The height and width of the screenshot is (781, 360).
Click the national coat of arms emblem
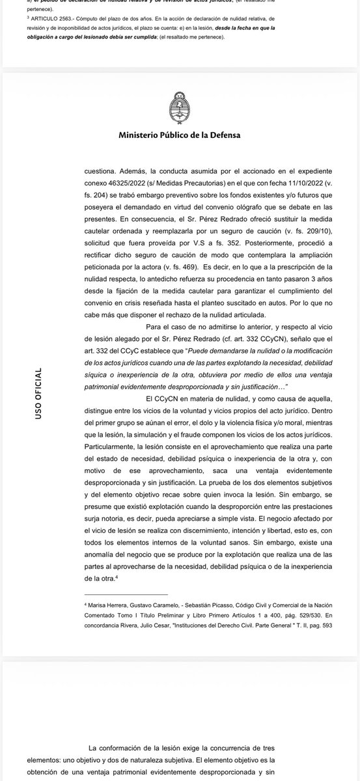180,105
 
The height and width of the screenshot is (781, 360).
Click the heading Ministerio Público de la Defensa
180,135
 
